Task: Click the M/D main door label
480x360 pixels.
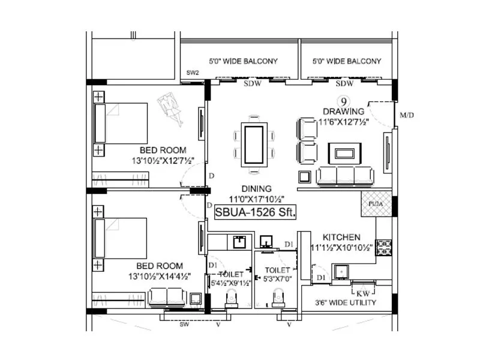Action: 407,115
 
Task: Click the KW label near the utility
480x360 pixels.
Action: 362,293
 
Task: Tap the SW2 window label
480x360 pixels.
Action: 193,73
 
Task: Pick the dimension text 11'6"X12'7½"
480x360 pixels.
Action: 343,121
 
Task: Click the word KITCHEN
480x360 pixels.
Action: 341,237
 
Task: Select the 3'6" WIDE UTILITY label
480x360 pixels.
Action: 346,303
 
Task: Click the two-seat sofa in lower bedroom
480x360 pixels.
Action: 167,296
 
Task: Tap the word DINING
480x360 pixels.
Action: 254,188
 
